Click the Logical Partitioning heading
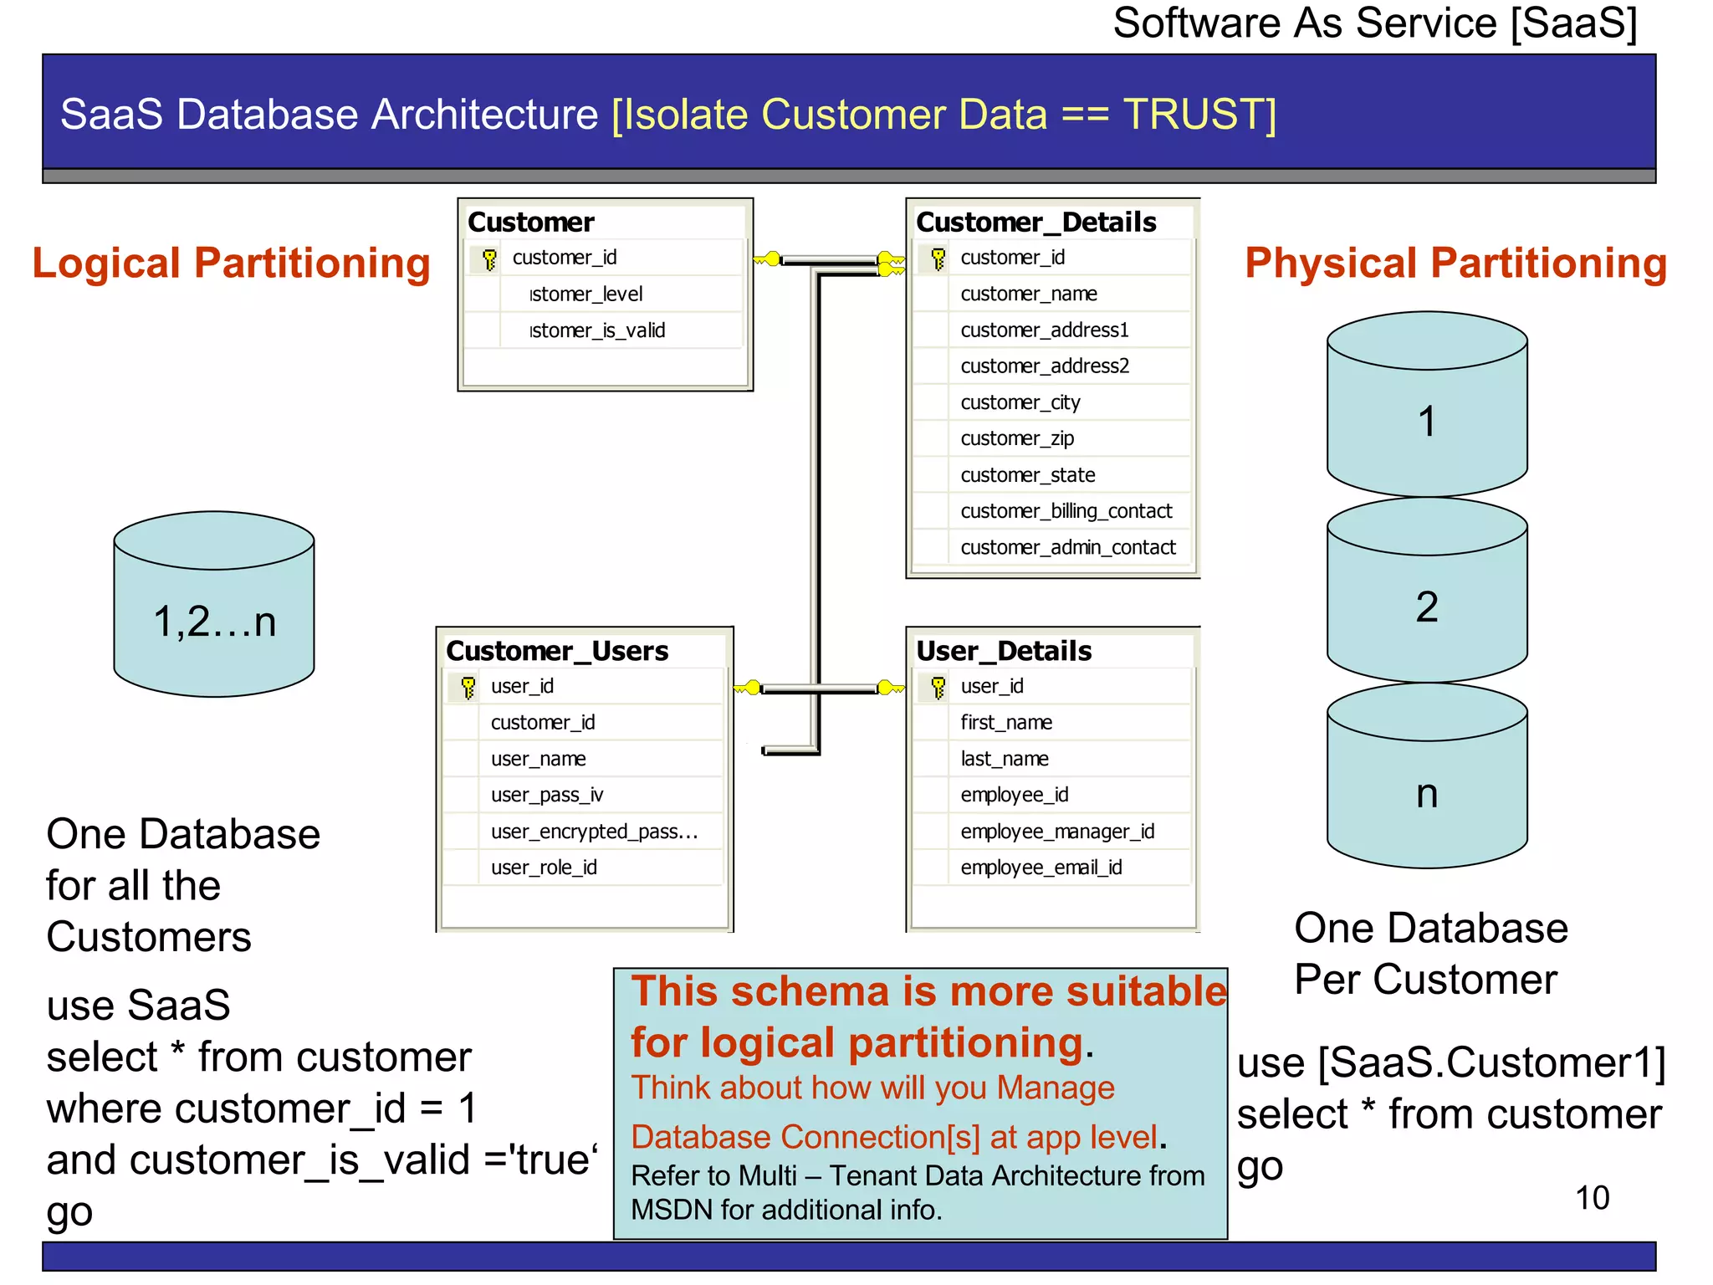tap(232, 264)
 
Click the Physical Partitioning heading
tap(1455, 264)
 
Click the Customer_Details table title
tap(1035, 223)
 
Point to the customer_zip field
tap(1017, 438)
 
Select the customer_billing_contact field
tap(1066, 511)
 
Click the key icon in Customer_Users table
tap(468, 687)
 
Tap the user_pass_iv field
tap(547, 795)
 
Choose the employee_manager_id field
tap(1057, 832)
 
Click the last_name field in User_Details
tap(1005, 759)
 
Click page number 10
tap(1592, 1198)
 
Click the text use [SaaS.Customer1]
tap(1451, 1063)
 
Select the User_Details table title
tap(1004, 651)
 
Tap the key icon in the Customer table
tap(490, 259)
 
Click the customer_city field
tap(1020, 402)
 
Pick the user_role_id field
tap(544, 868)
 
